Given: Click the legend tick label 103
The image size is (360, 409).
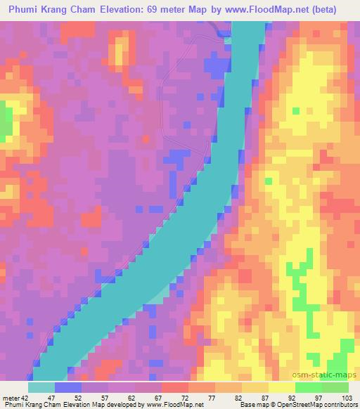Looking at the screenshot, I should click(x=345, y=397).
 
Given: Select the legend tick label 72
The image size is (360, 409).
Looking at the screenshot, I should click(x=174, y=397).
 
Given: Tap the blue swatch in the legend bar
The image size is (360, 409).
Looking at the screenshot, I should click(x=67, y=387).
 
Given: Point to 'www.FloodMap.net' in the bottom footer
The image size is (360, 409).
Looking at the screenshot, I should click(x=174, y=405).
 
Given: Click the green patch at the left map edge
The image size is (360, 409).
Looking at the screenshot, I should click(x=6, y=119).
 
